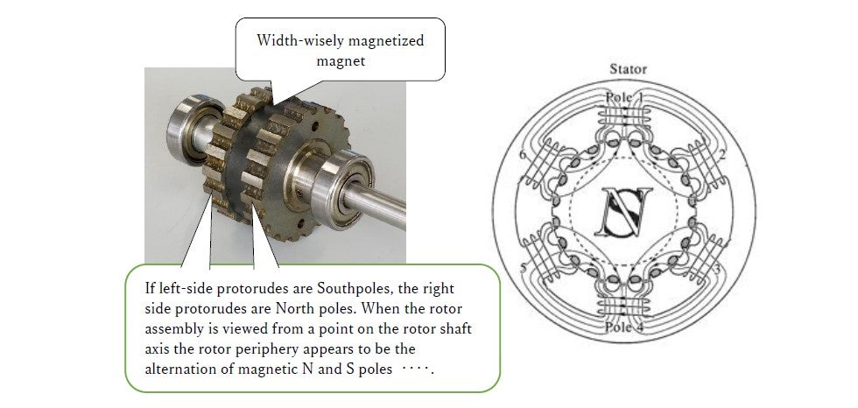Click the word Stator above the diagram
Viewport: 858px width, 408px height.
tap(629, 69)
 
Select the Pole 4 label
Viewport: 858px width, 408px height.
tap(624, 327)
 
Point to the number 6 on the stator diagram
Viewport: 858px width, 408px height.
tap(523, 155)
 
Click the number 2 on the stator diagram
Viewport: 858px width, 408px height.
tap(722, 155)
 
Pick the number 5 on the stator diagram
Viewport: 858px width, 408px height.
tap(524, 268)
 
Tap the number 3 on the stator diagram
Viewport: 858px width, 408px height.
tap(722, 268)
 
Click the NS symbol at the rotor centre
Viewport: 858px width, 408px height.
tap(624, 212)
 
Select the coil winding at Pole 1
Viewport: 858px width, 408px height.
tap(624, 116)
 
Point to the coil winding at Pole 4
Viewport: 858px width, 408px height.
tap(624, 308)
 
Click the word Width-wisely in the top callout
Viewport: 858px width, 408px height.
tap(296, 41)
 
